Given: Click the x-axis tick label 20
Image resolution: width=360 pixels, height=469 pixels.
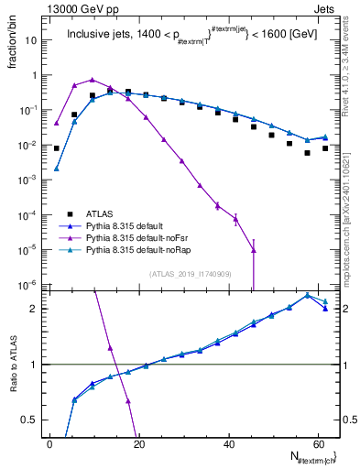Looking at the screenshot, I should tap(138, 444).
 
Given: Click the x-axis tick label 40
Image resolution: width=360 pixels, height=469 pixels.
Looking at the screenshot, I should tap(227, 444).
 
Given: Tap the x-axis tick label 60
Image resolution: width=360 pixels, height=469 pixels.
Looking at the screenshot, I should tap(316, 444).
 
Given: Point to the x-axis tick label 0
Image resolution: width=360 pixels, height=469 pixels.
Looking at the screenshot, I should tap(49, 444).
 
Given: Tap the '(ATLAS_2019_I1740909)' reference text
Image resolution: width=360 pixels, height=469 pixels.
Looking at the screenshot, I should tap(191, 274).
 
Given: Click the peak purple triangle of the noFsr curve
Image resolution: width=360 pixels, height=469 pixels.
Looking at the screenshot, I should tap(92, 80).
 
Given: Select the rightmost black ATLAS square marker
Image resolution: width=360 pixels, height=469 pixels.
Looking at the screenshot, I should tap(325, 147).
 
